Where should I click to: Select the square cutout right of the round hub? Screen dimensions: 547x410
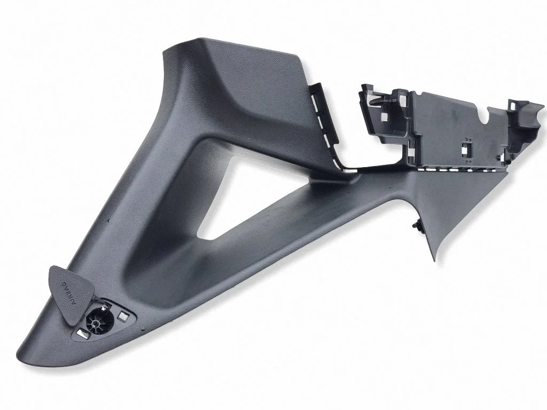pyautogui.click(x=123, y=316)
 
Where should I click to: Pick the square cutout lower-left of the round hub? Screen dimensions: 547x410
pyautogui.click(x=84, y=335)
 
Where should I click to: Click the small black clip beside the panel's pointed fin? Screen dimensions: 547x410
pyautogui.click(x=417, y=223)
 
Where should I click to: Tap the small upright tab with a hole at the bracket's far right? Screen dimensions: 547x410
pyautogui.click(x=514, y=104)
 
